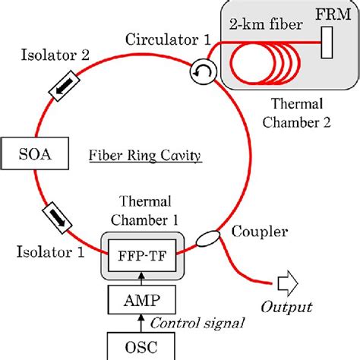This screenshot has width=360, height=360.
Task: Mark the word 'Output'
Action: [286, 308]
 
